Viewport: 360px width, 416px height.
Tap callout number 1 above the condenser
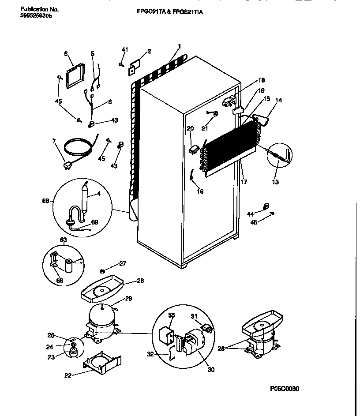click(x=179, y=46)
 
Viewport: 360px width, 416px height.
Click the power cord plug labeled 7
click(x=68, y=165)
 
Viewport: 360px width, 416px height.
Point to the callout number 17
click(x=244, y=181)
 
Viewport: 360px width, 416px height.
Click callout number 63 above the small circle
click(x=63, y=240)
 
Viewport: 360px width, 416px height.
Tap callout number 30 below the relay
click(x=211, y=369)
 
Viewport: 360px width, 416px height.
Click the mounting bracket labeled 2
click(x=135, y=66)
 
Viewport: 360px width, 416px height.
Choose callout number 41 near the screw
click(x=125, y=49)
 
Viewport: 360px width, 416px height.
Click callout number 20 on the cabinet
click(x=190, y=128)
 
